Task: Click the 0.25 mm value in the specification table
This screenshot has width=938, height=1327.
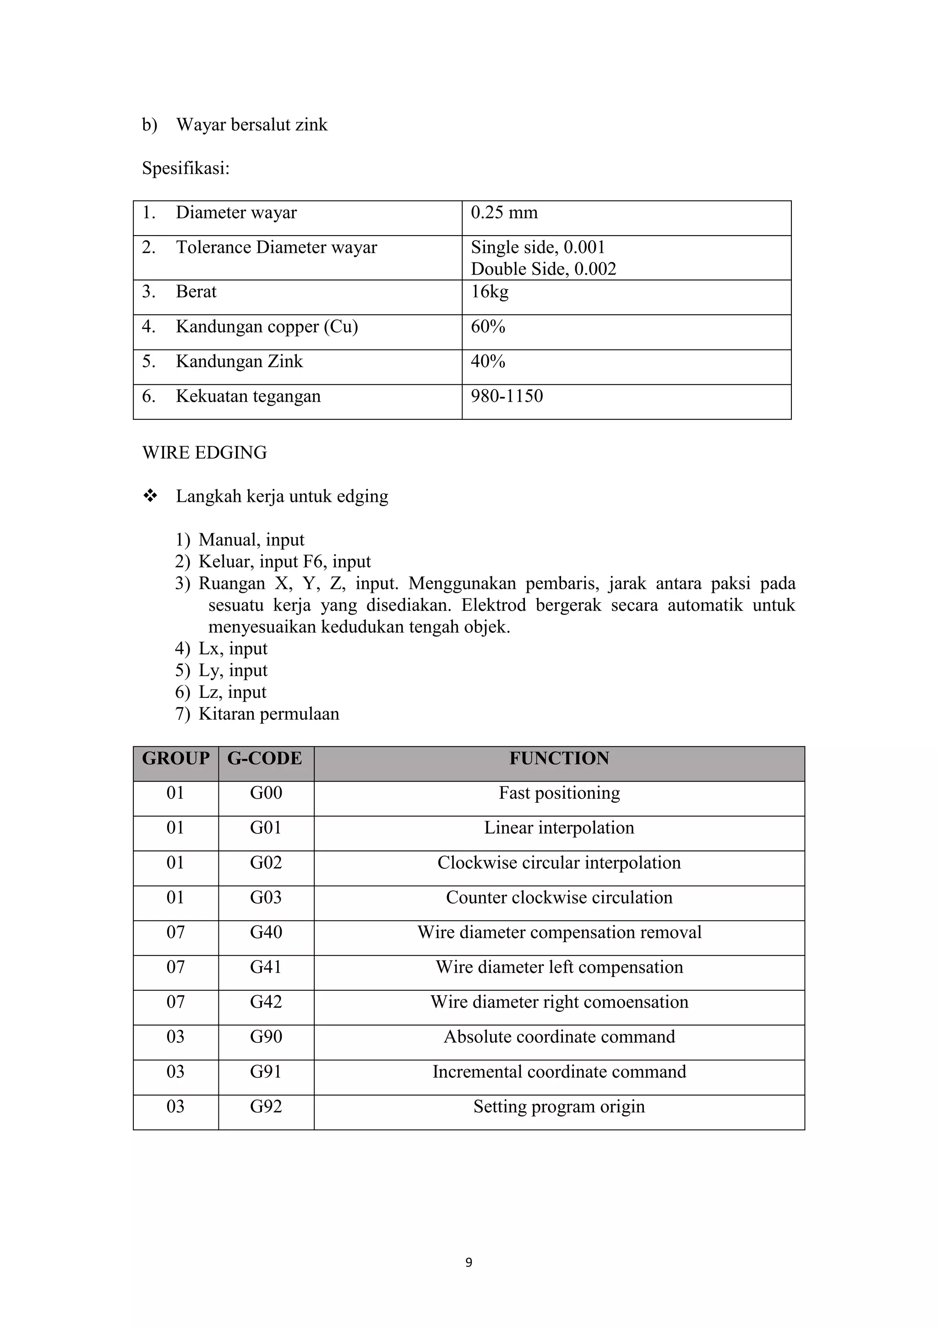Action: point(504,213)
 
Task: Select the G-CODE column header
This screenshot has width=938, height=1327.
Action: point(265,758)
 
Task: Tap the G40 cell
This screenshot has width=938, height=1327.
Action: point(266,932)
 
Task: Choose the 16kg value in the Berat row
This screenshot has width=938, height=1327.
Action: point(489,292)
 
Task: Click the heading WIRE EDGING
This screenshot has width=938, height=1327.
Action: point(204,453)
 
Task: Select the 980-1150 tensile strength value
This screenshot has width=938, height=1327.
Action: point(507,396)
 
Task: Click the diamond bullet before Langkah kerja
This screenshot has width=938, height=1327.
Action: point(150,496)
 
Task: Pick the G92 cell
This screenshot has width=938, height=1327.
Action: point(266,1106)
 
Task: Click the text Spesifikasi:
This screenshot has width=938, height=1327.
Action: point(185,169)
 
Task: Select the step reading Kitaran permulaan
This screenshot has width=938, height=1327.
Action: point(268,714)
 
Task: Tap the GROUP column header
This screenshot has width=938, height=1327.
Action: point(175,758)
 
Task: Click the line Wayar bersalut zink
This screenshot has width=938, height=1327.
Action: point(251,125)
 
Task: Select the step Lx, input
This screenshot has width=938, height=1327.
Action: point(233,648)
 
